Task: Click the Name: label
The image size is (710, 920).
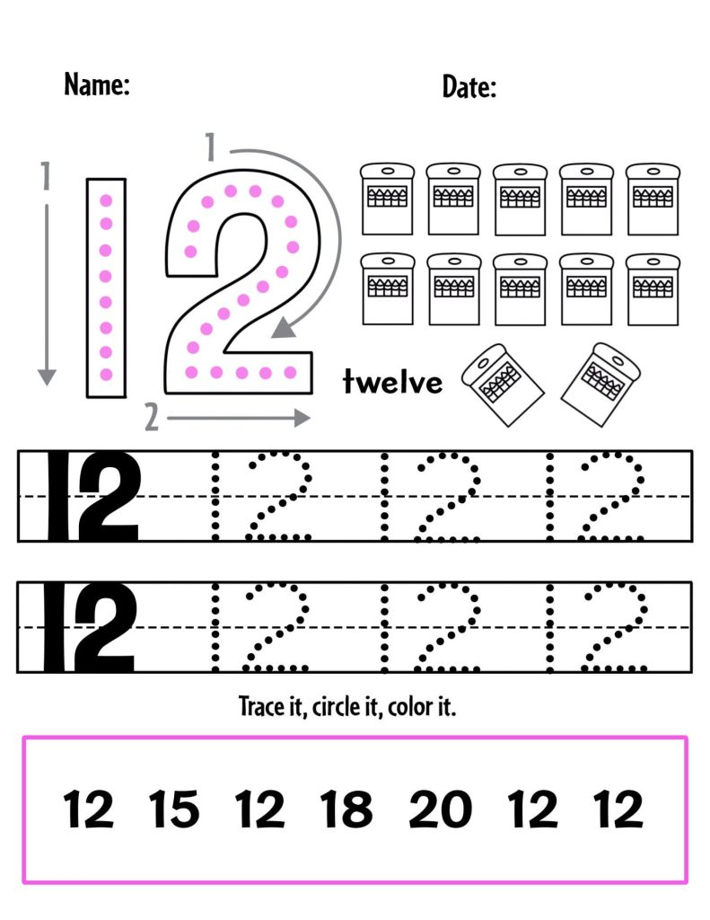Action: click(x=97, y=84)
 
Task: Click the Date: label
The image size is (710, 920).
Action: click(x=469, y=87)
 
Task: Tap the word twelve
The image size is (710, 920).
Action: click(x=392, y=381)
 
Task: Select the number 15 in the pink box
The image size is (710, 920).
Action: click(x=174, y=809)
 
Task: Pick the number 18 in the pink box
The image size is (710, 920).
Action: click(x=346, y=809)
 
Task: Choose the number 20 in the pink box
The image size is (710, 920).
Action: click(x=441, y=809)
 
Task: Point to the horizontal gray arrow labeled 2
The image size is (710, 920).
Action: click(x=239, y=419)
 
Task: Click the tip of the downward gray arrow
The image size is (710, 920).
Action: click(x=47, y=385)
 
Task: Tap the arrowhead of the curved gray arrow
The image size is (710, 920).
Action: click(x=283, y=329)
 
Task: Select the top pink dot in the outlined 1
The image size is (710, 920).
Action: click(x=106, y=200)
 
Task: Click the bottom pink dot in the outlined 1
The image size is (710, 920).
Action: click(x=106, y=375)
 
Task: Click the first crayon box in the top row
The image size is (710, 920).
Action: click(x=387, y=199)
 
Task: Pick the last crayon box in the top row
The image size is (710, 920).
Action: click(x=653, y=199)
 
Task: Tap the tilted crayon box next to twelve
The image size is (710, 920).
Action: click(x=503, y=385)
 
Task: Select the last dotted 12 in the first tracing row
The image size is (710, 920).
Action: click(x=595, y=496)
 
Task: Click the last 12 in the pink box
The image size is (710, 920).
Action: click(x=618, y=809)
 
